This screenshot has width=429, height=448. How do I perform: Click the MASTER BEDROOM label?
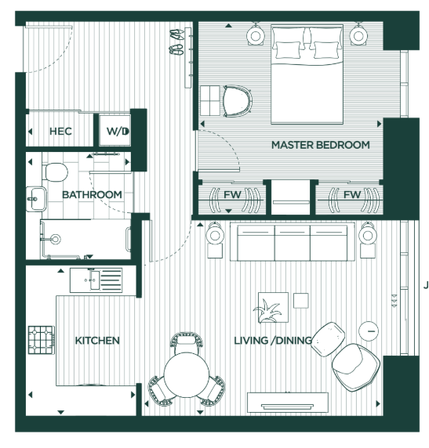click(x=320, y=145)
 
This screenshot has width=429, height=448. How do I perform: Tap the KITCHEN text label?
click(x=97, y=341)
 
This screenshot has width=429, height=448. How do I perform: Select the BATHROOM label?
click(x=92, y=195)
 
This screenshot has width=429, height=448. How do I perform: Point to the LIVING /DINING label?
click(x=274, y=341)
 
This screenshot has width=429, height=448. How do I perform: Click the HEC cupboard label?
click(x=60, y=132)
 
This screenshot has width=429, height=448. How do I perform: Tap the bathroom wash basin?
click(x=34, y=200)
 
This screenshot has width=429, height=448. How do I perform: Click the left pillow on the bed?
click(x=287, y=49)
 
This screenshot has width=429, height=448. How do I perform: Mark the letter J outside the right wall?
click(x=425, y=286)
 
